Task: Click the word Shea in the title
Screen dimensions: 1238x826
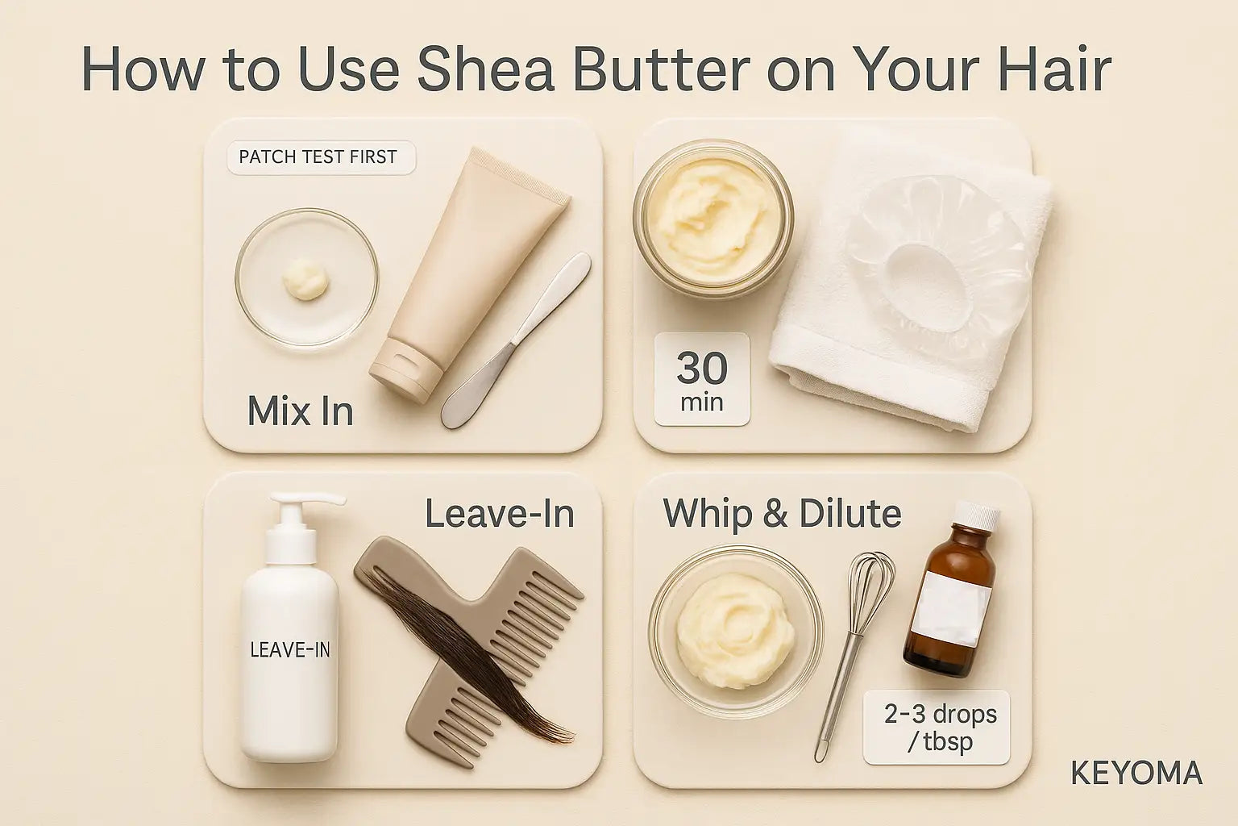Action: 485,70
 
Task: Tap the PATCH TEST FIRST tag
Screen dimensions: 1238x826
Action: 321,157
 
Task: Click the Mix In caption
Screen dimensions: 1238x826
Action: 300,411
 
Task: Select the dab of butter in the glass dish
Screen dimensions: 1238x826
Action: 306,281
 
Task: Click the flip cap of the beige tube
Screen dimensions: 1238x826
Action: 405,369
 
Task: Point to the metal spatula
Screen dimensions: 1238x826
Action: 516,340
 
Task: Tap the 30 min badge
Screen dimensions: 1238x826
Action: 702,379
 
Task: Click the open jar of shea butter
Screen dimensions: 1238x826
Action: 713,215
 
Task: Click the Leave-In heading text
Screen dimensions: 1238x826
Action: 500,514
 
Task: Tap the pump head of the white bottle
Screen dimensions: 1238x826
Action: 301,511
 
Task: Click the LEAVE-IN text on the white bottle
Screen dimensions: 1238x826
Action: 290,649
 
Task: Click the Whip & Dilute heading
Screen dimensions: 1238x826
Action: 782,514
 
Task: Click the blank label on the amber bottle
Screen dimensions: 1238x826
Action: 952,609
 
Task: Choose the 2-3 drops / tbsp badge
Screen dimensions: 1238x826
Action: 937,728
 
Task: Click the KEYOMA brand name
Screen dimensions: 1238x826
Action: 1136,774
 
